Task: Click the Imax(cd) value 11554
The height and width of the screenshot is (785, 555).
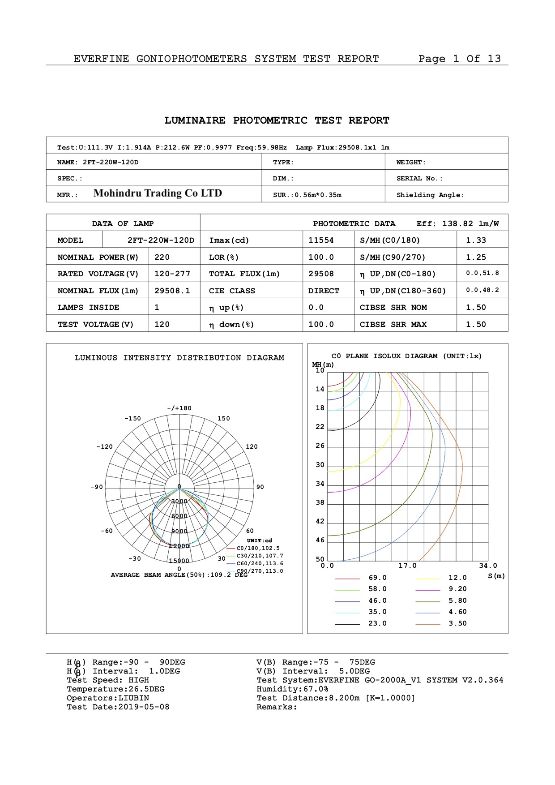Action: tap(320, 240)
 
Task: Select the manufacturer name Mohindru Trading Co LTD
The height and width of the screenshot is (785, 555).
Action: tap(158, 193)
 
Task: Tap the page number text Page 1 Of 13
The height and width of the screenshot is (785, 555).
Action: tap(459, 59)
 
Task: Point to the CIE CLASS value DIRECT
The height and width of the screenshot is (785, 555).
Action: tap(323, 291)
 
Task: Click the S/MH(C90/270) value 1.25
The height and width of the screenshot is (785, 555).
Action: tap(476, 257)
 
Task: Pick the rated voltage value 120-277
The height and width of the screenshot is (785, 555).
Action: tap(172, 274)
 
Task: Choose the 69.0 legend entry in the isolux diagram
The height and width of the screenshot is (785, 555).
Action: tap(377, 578)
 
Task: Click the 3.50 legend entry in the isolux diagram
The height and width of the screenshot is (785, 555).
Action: tap(457, 624)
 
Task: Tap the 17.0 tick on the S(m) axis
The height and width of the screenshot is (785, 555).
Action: tap(407, 566)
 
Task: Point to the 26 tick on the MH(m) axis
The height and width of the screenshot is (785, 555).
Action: tap(320, 446)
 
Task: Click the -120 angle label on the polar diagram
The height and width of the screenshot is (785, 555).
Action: tap(104, 447)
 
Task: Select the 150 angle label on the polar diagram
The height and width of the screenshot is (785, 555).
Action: tap(223, 419)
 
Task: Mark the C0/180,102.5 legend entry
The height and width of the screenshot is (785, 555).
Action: tap(258, 549)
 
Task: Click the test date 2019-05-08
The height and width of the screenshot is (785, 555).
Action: tap(144, 707)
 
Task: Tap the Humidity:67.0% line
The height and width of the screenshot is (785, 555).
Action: tap(292, 689)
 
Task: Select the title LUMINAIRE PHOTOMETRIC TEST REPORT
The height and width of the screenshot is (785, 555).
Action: tap(277, 120)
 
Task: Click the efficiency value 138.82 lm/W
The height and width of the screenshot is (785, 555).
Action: tap(470, 224)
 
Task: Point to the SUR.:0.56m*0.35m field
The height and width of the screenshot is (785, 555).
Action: tap(307, 195)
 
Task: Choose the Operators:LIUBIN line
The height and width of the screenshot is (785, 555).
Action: tap(108, 698)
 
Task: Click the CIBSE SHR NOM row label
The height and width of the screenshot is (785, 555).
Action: tap(393, 308)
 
